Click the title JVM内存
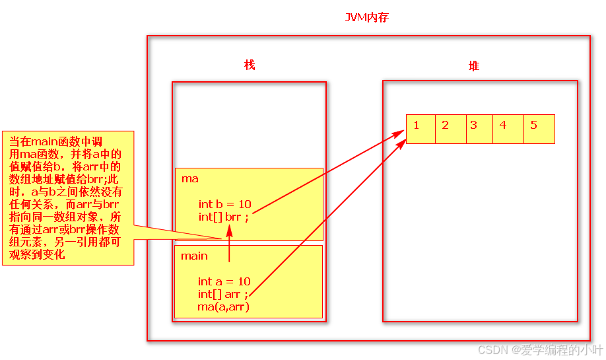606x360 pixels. pyautogui.click(x=367, y=18)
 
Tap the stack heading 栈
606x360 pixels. pyautogui.click(x=250, y=65)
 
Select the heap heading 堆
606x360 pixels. pyautogui.click(x=473, y=65)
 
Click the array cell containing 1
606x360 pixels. pyautogui.click(x=421, y=129)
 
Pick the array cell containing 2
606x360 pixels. pyautogui.click(x=450, y=129)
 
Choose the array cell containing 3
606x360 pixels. pyautogui.click(x=479, y=129)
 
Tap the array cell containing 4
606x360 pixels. pyautogui.click(x=508, y=129)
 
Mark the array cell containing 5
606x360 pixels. pyautogui.click(x=539, y=129)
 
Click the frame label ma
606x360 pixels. pyautogui.click(x=189, y=179)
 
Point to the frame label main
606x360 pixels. pyautogui.click(x=194, y=256)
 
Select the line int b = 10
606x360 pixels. pyautogui.click(x=224, y=204)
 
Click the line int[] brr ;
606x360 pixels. pyautogui.click(x=223, y=217)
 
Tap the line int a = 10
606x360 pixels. pyautogui.click(x=224, y=281)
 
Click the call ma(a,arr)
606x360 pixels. pyautogui.click(x=223, y=307)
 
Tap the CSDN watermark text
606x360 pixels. pyautogui.click(x=540, y=349)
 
